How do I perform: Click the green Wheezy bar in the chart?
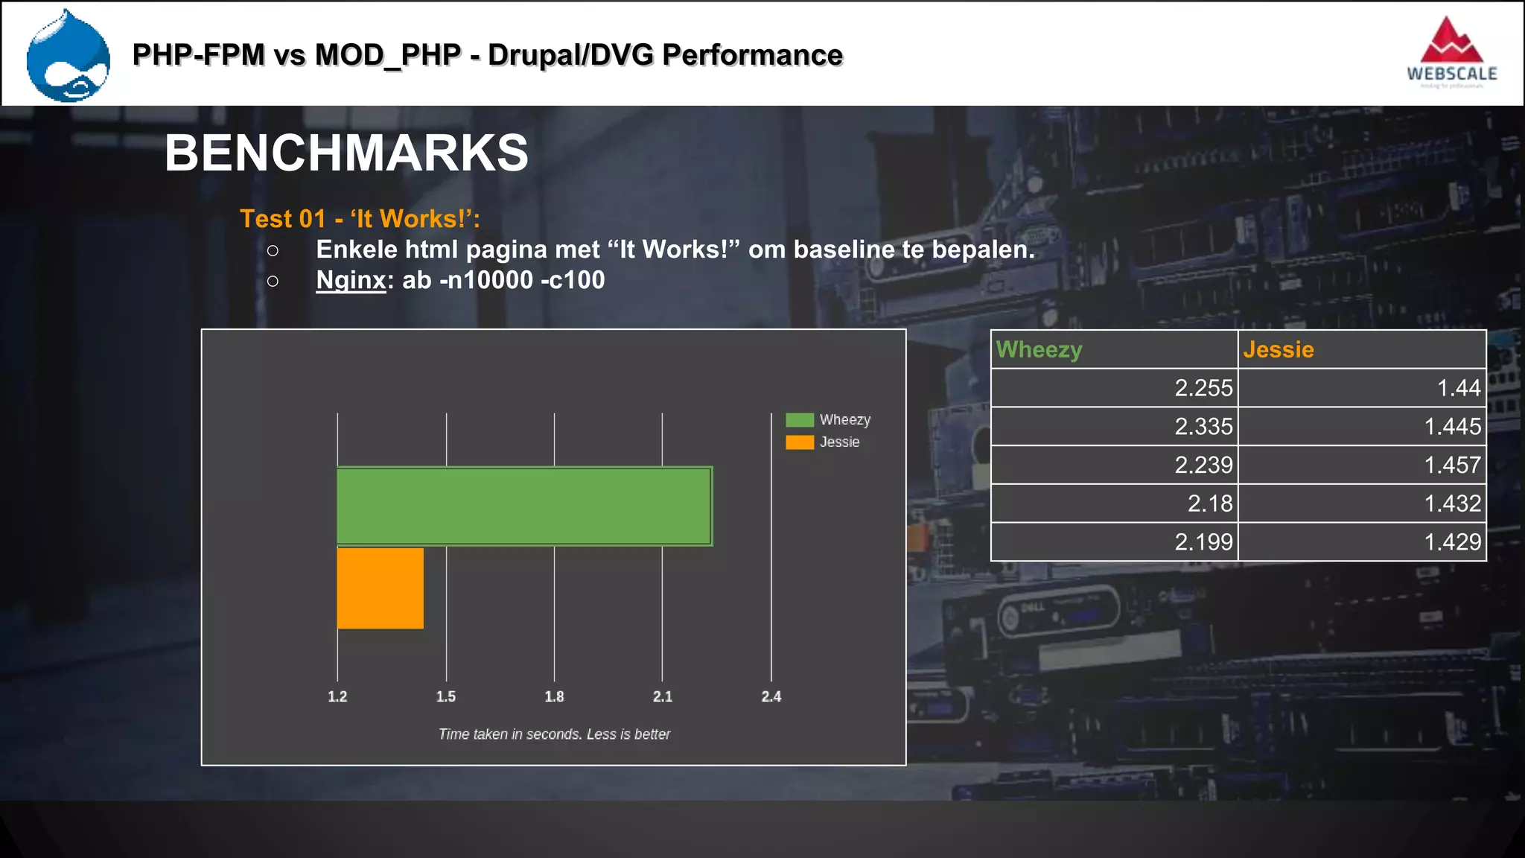[x=524, y=506]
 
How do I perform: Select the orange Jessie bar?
[x=381, y=588]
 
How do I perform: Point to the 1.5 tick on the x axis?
[x=446, y=696]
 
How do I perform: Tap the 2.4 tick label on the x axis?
[x=771, y=696]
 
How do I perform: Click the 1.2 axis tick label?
[x=337, y=696]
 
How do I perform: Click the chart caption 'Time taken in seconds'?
[x=554, y=734]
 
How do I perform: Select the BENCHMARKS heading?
[x=346, y=153]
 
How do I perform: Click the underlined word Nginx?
[x=351, y=280]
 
